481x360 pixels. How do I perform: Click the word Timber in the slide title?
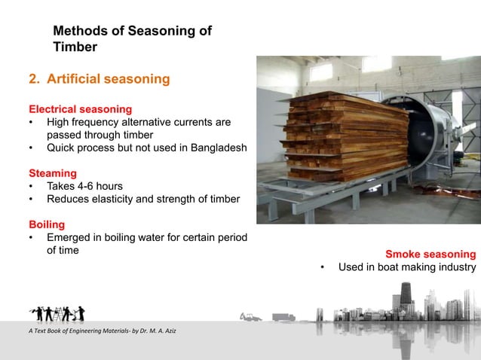(x=75, y=47)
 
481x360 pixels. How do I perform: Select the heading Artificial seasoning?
(x=108, y=78)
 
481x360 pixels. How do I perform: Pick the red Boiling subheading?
(x=47, y=224)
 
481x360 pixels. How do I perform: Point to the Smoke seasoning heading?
(x=430, y=254)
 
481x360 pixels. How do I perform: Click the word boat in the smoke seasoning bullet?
(x=387, y=267)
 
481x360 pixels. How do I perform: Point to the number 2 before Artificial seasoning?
(x=33, y=78)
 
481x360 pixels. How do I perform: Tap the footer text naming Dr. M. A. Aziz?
(x=94, y=333)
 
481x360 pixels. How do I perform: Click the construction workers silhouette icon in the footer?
(x=57, y=312)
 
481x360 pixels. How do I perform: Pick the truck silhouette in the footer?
(x=284, y=317)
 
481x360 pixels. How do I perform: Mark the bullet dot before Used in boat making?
(x=322, y=267)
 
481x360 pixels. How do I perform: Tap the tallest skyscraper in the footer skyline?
(x=406, y=299)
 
